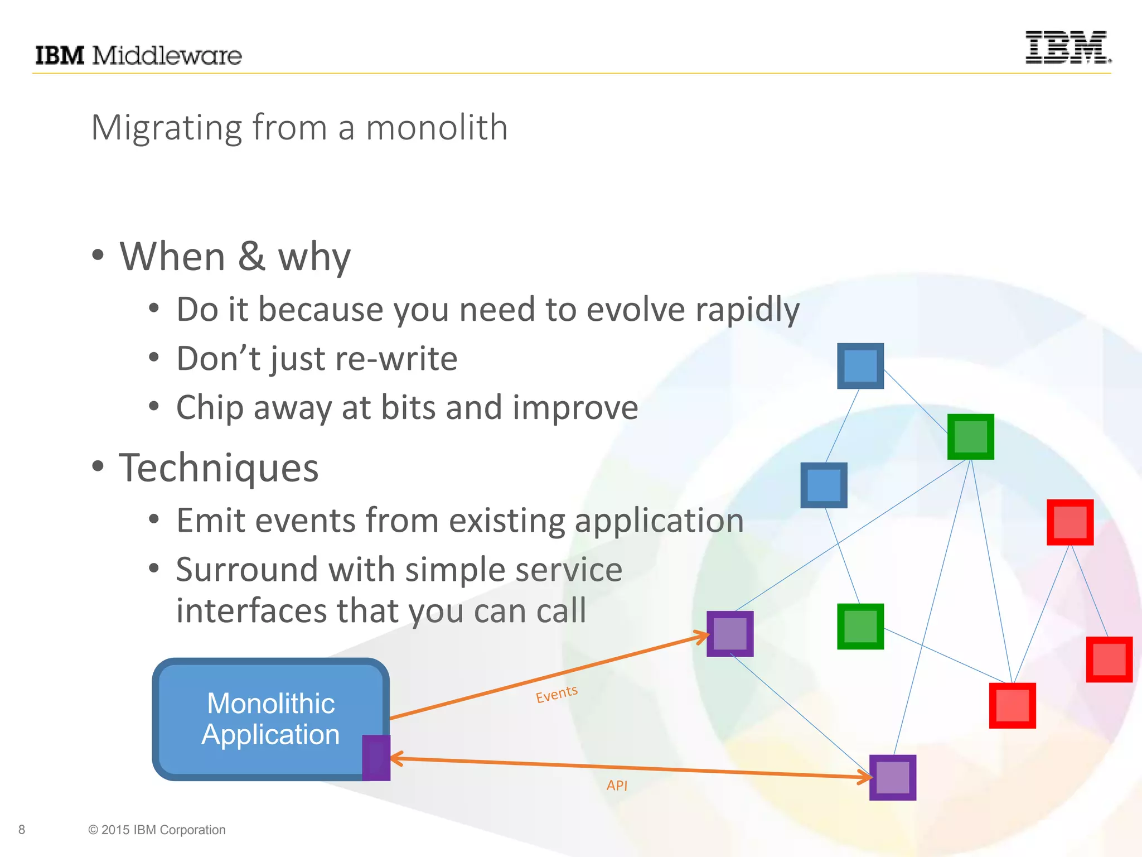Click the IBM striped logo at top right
coord(1067,47)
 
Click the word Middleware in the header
coord(167,56)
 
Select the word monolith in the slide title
coord(436,128)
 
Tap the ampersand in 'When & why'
coord(251,257)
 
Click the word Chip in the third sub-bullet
coord(209,408)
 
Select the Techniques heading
coord(219,468)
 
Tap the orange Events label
coord(557,694)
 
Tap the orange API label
coord(617,785)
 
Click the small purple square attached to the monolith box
coord(376,758)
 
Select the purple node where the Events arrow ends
coord(730,634)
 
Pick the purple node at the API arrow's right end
coord(893,778)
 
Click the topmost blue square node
coord(860,366)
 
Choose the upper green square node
coord(970,437)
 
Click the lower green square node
coord(860,627)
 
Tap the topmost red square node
coord(1070,522)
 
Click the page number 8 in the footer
coord(22,830)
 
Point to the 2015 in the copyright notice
coord(115,830)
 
